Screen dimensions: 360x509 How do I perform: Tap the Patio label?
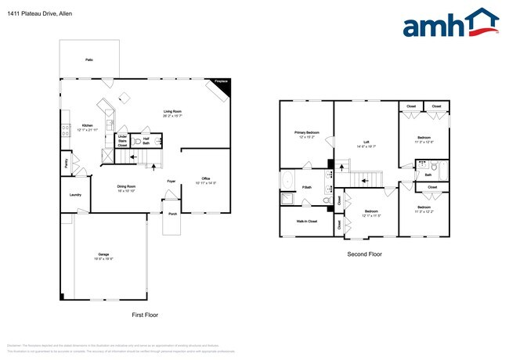[88, 59]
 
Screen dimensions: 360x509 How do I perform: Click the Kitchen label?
[88, 125]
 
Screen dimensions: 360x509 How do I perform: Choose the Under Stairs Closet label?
[122, 140]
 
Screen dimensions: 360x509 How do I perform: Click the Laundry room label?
[76, 194]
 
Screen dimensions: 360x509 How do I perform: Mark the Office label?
[206, 178]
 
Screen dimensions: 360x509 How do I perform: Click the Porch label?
[171, 213]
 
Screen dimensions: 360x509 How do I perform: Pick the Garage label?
[103, 255]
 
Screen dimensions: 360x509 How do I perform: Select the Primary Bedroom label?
[306, 133]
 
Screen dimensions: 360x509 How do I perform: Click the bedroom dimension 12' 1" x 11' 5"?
[371, 215]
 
